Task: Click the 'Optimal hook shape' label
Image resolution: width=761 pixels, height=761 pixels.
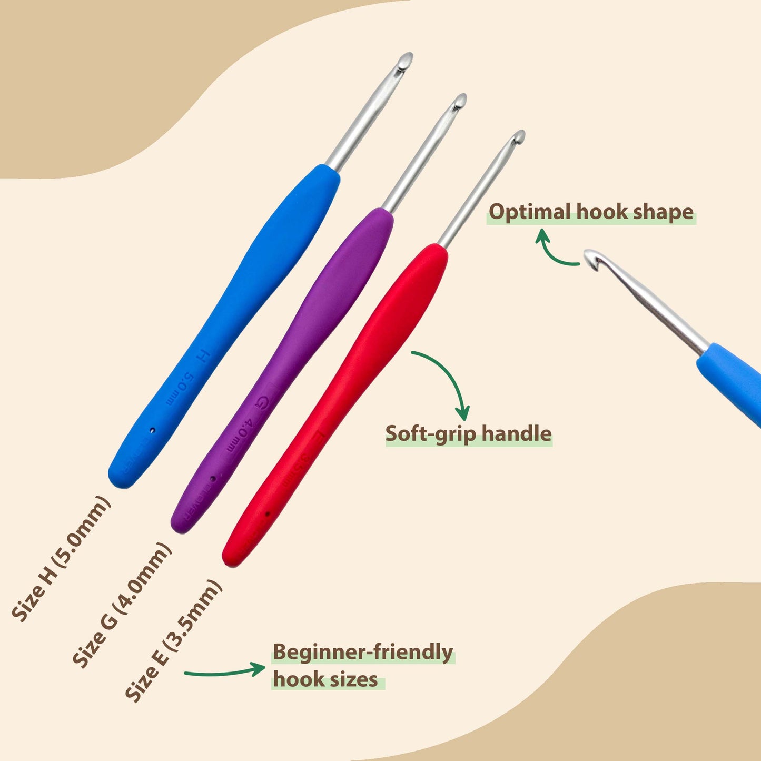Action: (x=591, y=212)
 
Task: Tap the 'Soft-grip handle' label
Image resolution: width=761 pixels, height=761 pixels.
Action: (x=468, y=434)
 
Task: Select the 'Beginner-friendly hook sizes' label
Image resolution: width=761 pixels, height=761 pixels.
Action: (x=362, y=666)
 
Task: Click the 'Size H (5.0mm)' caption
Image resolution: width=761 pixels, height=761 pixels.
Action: (x=61, y=558)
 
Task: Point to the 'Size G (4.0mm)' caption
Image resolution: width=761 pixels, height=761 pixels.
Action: (x=122, y=605)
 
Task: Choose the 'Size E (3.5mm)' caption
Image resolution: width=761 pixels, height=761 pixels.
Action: (x=174, y=640)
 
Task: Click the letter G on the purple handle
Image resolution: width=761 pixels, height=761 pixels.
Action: (x=261, y=403)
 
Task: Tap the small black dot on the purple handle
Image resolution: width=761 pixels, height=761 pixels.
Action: (x=213, y=479)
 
